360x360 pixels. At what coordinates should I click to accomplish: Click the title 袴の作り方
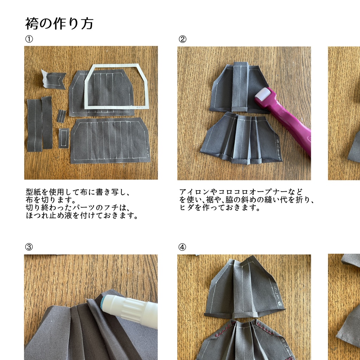pyautogui.click(x=59, y=24)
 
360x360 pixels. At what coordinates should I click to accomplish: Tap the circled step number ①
pyautogui.click(x=29, y=39)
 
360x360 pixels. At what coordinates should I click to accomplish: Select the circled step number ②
pyautogui.click(x=182, y=39)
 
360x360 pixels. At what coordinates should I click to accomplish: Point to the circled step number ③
pyautogui.click(x=29, y=247)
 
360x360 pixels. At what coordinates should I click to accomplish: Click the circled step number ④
pyautogui.click(x=182, y=247)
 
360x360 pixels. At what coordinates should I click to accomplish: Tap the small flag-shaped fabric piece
pyautogui.click(x=53, y=79)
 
